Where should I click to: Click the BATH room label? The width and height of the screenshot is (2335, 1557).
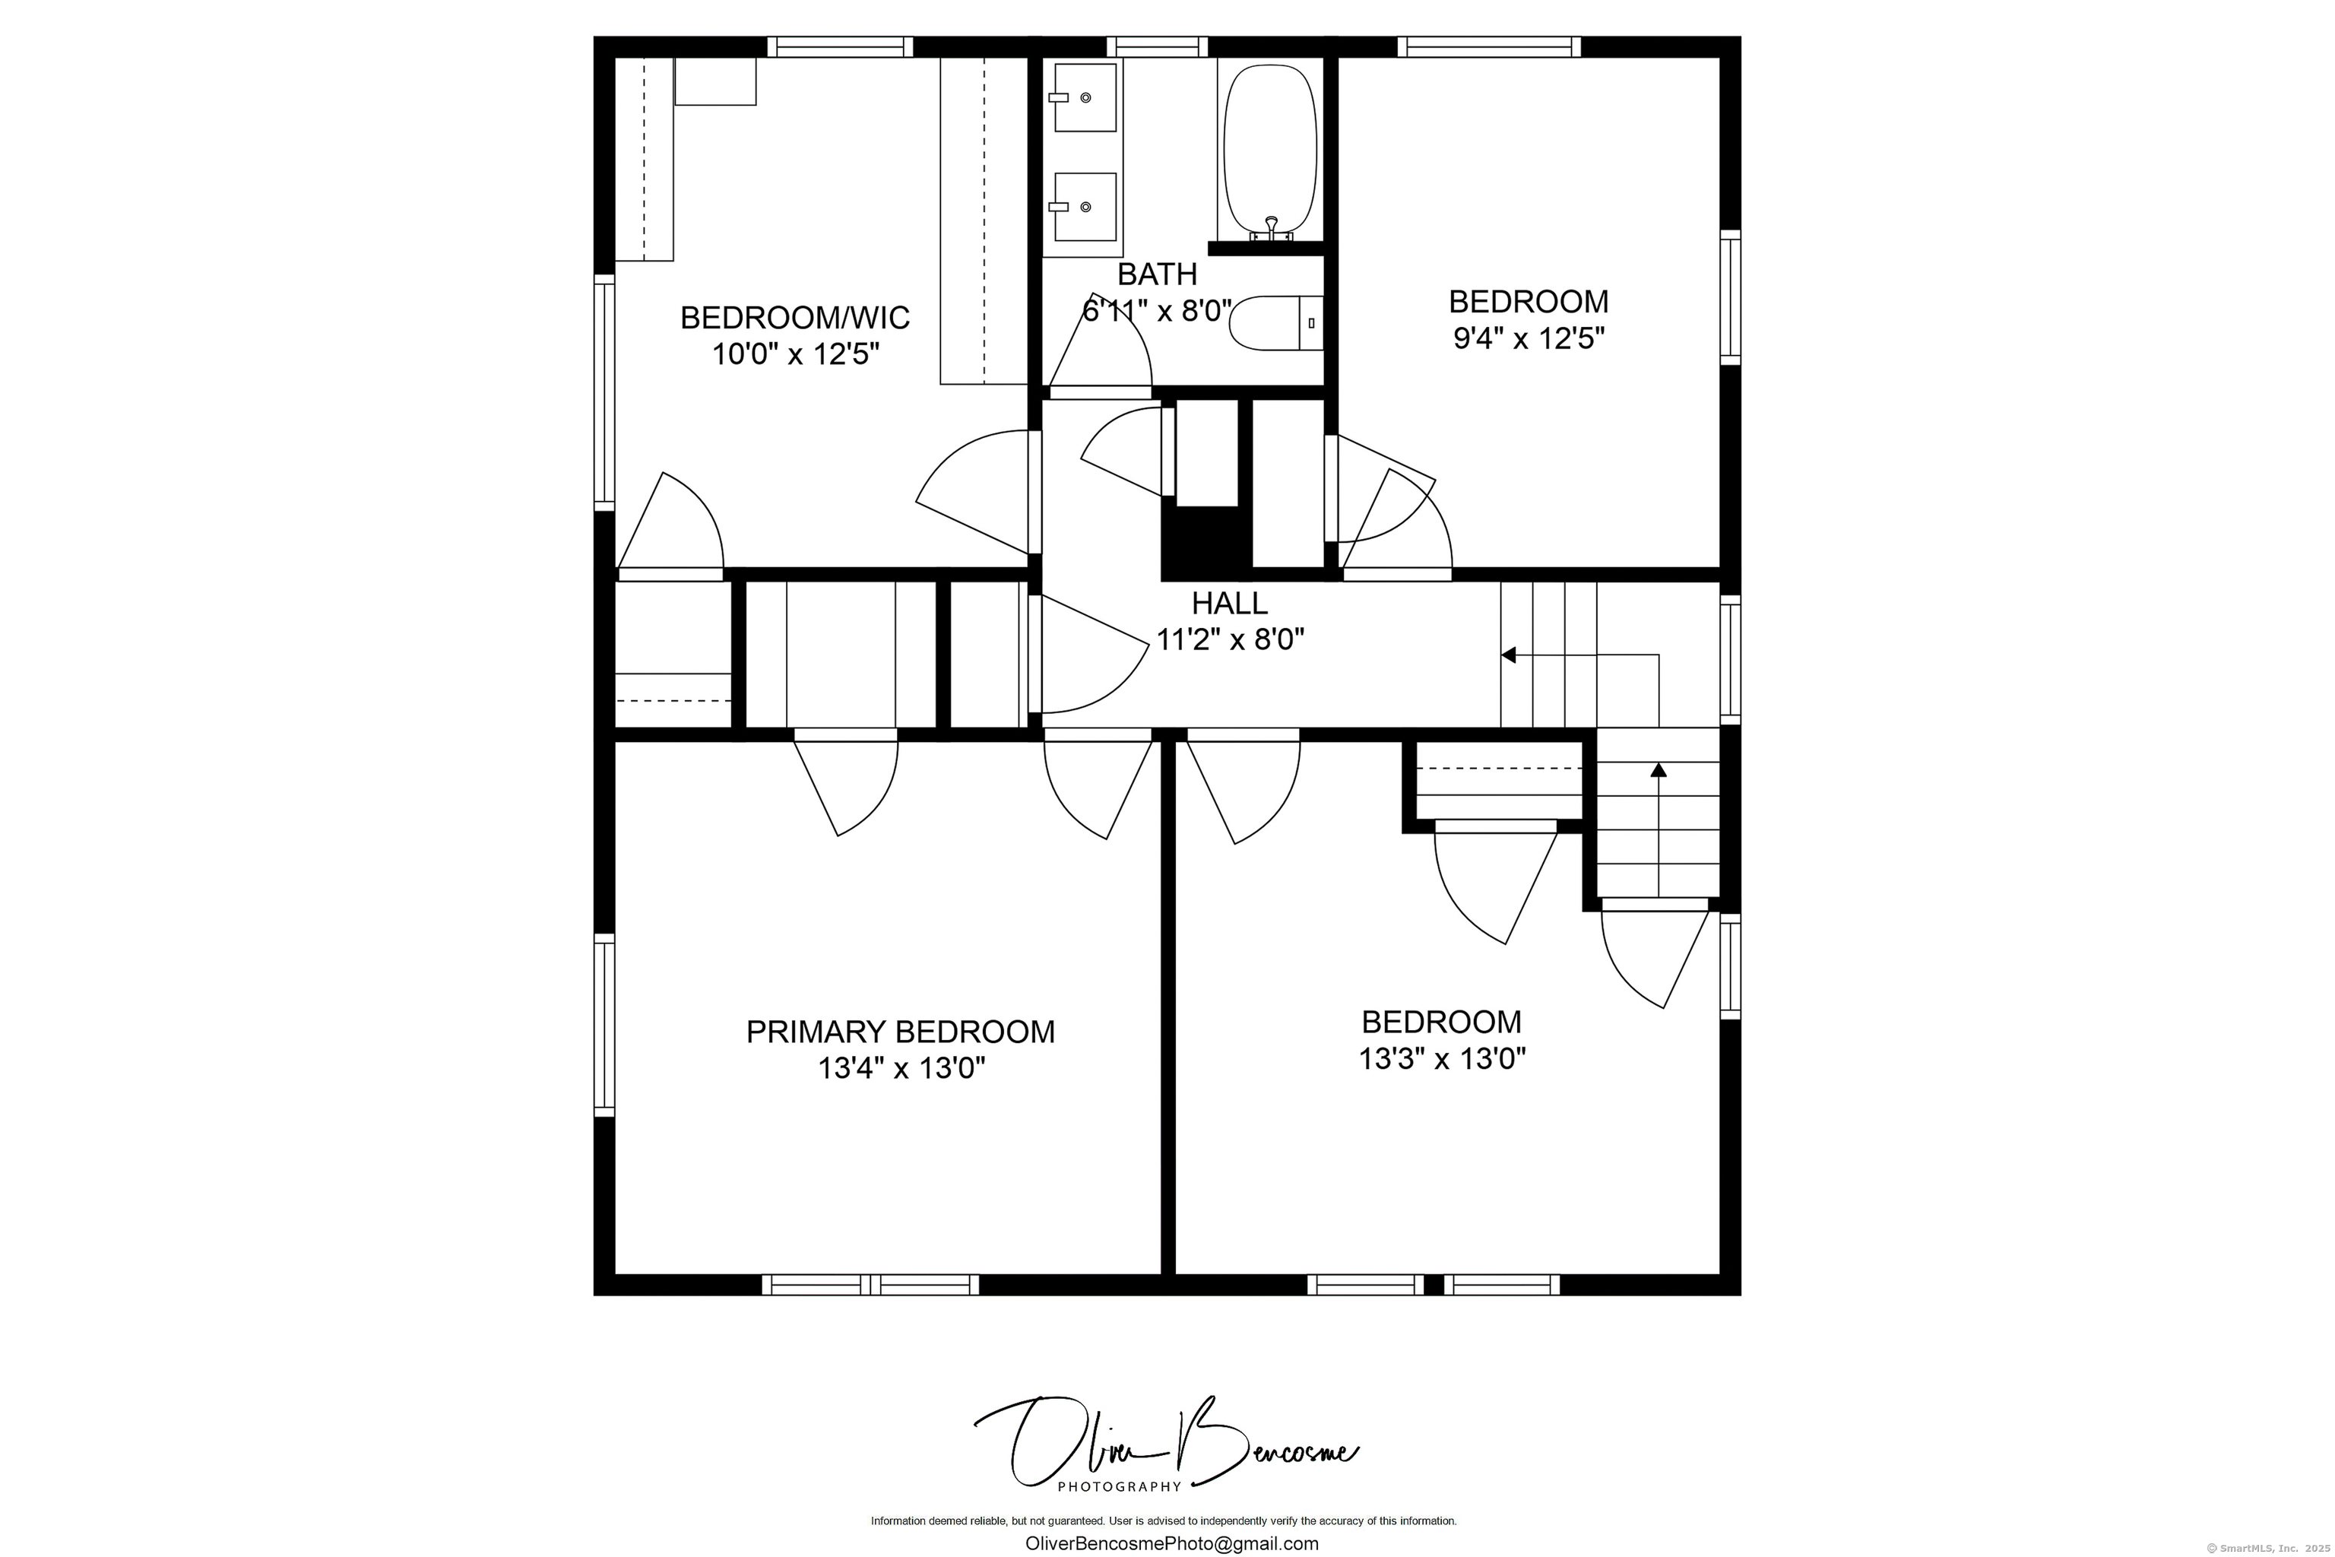point(1157,274)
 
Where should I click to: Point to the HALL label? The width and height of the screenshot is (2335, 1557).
point(1229,604)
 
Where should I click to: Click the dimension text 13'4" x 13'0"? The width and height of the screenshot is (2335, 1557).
point(901,1068)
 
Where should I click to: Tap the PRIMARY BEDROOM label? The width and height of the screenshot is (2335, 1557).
point(901,1032)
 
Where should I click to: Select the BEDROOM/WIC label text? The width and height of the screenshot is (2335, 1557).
point(795,318)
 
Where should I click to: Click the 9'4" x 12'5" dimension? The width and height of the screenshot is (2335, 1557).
point(1529,338)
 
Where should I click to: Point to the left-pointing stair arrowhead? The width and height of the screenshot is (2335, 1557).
point(1508,655)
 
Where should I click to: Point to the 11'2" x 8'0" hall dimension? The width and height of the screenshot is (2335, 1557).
point(1230,639)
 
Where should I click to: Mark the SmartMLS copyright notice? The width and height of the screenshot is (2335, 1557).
point(2267,1548)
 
